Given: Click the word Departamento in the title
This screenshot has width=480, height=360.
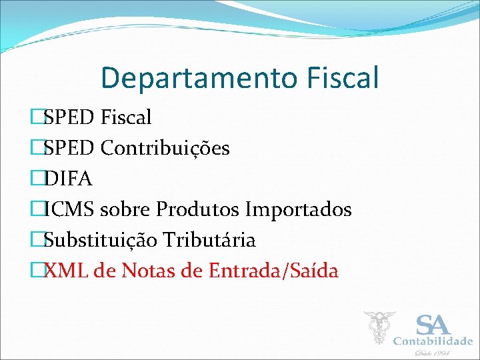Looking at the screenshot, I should (x=189, y=78).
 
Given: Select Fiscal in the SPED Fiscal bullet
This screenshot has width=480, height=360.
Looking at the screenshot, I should (x=126, y=118).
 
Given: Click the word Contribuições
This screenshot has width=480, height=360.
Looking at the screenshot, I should (x=165, y=148).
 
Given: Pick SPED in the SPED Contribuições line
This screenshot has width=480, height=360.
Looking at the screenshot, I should (x=69, y=148).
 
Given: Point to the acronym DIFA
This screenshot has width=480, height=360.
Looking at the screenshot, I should (x=69, y=179).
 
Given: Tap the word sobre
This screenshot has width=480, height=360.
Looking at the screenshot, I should (x=127, y=209).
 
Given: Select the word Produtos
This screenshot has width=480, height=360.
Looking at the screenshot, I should (x=197, y=209).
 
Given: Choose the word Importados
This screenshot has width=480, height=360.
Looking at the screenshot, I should (x=298, y=209).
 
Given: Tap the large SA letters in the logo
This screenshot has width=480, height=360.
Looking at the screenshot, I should (x=433, y=325).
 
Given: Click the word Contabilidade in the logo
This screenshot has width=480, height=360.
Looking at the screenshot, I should (x=433, y=341).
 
